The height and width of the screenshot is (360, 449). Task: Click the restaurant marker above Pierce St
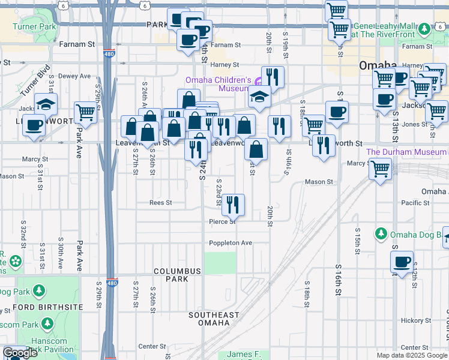[233, 205]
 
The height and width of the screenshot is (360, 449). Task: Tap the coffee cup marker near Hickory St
[401, 262]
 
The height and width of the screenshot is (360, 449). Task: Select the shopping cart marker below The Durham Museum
[380, 169]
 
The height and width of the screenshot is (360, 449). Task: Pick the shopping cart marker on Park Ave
[86, 112]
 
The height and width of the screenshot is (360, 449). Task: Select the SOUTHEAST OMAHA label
[214, 319]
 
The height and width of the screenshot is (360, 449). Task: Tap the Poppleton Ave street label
[231, 243]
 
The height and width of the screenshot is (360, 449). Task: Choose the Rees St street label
[161, 203]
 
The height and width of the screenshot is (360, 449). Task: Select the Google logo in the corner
[20, 353]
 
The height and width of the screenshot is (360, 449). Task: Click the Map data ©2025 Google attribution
[412, 355]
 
